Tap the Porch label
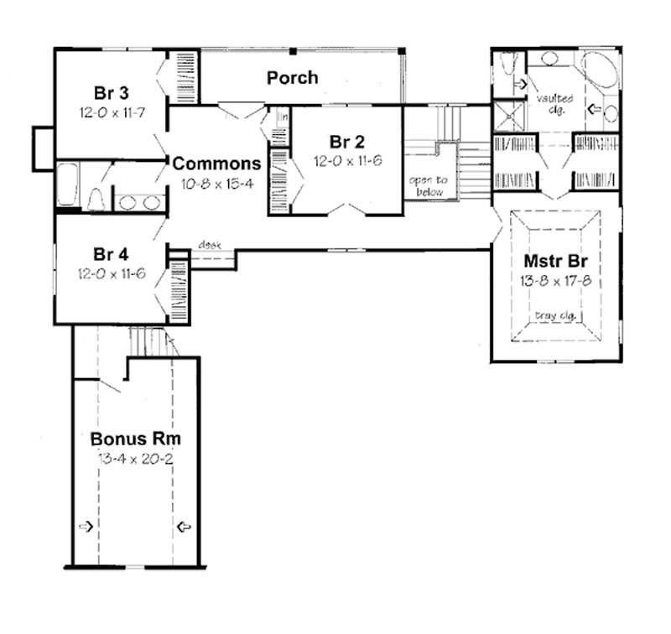coord(292,78)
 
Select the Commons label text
coord(216,162)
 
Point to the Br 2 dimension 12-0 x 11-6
coord(348,160)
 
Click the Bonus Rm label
coord(136,439)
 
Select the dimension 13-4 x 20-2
coord(136,460)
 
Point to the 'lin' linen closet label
coord(283,117)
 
